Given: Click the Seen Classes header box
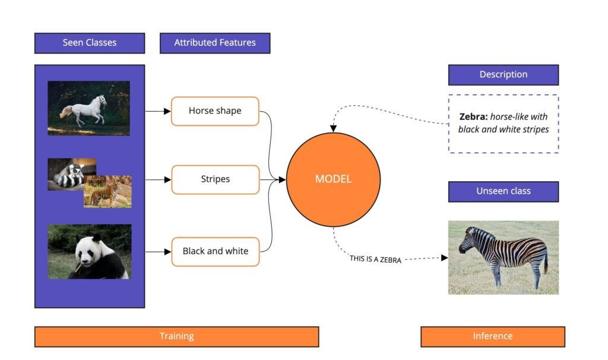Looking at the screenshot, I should pyautogui.click(x=90, y=43).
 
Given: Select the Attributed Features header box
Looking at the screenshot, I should pyautogui.click(x=215, y=43).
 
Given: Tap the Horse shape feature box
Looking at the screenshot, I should pyautogui.click(x=215, y=111).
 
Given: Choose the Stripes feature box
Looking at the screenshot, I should pyautogui.click(x=215, y=179).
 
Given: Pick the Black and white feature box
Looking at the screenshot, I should pyautogui.click(x=215, y=251).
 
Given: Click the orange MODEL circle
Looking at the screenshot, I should pyautogui.click(x=333, y=179).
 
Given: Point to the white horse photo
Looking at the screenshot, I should pyautogui.click(x=88, y=108).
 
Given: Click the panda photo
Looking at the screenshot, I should pyautogui.click(x=89, y=251).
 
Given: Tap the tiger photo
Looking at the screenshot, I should pyautogui.click(x=107, y=192).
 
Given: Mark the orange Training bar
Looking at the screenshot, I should pyautogui.click(x=176, y=336).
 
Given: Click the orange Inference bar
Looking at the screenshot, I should pyautogui.click(x=492, y=336).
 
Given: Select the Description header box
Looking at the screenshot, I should pyautogui.click(x=503, y=75).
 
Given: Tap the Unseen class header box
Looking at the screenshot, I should pyautogui.click(x=503, y=191).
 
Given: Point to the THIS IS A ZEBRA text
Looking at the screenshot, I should pyautogui.click(x=375, y=259).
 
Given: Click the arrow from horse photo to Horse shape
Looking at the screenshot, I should pyautogui.click(x=157, y=111).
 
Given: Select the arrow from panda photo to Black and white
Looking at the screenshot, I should pyautogui.click(x=157, y=251).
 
